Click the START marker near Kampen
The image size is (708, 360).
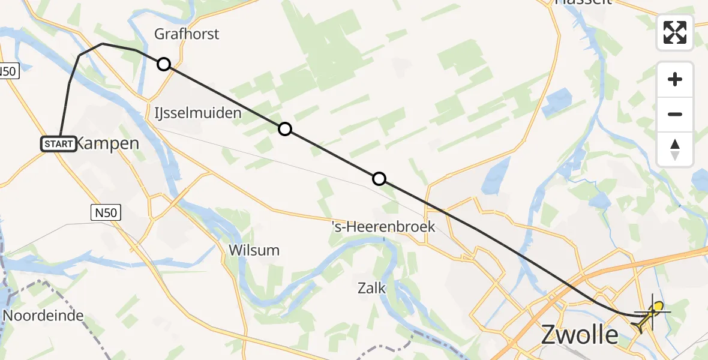(59, 144)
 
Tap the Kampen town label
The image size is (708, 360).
(109, 144)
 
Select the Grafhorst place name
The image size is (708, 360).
(187, 34)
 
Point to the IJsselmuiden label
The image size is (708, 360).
(197, 113)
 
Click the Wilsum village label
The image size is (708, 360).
(254, 250)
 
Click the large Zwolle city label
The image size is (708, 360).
(579, 335)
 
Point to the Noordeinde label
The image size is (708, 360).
(43, 316)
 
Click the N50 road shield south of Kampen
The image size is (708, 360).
(107, 212)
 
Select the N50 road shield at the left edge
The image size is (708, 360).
(9, 71)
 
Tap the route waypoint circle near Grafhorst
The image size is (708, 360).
(164, 64)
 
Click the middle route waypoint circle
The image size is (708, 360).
(285, 129)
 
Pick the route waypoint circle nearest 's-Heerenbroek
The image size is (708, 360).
(379, 179)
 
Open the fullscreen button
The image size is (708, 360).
(675, 32)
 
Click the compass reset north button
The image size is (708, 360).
(675, 149)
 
